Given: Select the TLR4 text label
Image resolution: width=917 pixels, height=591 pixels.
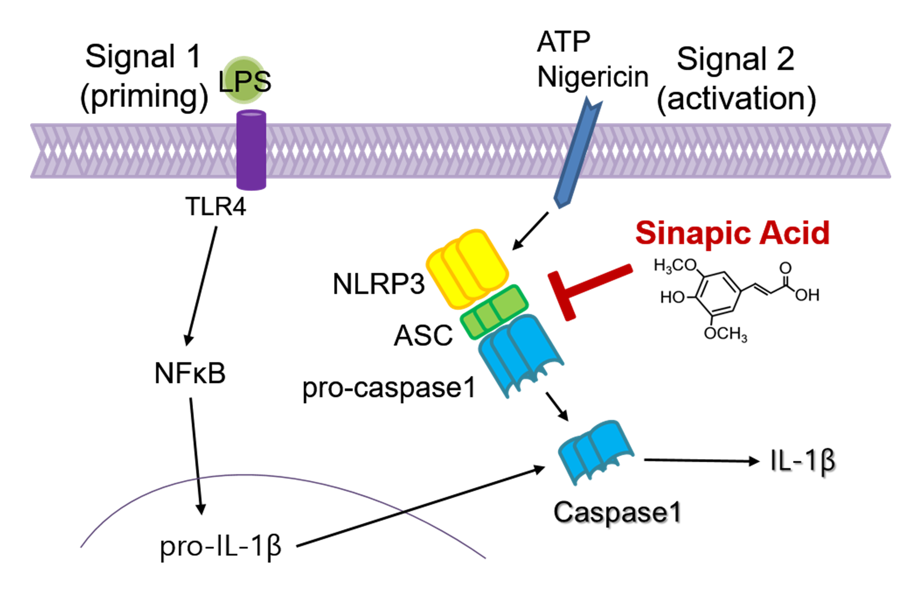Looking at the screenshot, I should coord(215,207).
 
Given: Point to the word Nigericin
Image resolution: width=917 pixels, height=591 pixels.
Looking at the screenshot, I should coord(592,77).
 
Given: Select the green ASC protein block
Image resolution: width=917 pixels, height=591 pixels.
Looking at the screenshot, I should coord(494,312).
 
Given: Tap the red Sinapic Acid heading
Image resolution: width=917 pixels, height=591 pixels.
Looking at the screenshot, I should coord(732,233).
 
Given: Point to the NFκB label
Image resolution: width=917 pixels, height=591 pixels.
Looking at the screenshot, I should coord(190,374).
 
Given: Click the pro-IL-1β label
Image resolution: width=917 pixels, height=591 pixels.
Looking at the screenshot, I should coord(220,546).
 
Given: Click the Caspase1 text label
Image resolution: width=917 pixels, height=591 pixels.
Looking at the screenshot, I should coord(617,512).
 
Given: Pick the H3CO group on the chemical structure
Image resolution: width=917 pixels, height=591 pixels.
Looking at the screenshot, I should coord(675,265).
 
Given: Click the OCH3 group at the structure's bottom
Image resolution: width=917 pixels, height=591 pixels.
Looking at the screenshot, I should coord(725,334).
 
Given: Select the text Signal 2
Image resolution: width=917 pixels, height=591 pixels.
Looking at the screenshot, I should coord(735,59).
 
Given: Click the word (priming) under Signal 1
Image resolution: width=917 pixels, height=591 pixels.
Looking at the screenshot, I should coord(144,96).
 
